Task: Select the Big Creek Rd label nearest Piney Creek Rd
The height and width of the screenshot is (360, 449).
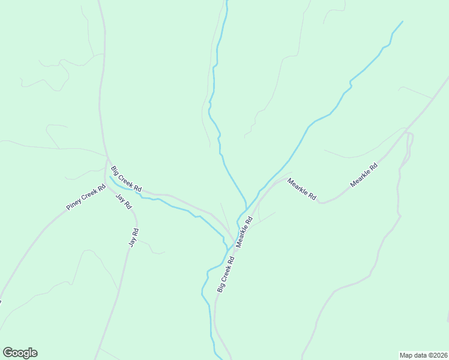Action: [126, 179]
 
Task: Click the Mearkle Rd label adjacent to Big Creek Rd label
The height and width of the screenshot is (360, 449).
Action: [244, 232]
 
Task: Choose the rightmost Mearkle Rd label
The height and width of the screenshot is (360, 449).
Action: [364, 175]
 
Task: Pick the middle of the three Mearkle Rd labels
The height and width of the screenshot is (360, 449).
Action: [301, 189]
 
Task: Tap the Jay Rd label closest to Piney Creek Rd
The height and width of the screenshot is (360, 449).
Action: [124, 201]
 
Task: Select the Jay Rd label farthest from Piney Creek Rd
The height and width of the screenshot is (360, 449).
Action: [134, 238]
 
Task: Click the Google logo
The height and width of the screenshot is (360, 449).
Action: [20, 353]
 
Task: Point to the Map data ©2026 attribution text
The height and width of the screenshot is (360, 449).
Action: [423, 355]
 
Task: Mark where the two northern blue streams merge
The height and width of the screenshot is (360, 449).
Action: [246, 210]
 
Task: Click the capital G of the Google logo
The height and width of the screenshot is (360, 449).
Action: [8, 353]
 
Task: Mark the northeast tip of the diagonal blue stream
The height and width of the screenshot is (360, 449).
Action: [402, 22]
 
